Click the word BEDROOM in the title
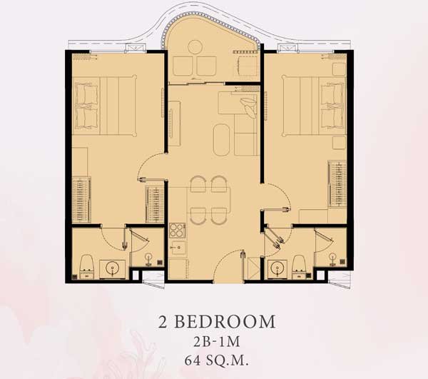click(x=225, y=321)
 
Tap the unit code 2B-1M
click(x=216, y=342)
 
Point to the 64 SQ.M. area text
click(x=216, y=360)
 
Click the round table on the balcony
click(x=195, y=47)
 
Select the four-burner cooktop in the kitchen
click(x=177, y=231)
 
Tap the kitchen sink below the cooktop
click(x=178, y=248)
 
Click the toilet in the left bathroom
click(x=86, y=267)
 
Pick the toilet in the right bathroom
click(x=299, y=267)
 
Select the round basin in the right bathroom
click(x=277, y=268)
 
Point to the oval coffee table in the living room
click(x=221, y=140)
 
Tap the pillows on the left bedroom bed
click(x=86, y=106)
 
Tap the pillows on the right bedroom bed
click(x=332, y=106)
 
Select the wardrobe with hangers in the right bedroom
click(x=337, y=183)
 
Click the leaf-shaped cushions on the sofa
click(x=248, y=106)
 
